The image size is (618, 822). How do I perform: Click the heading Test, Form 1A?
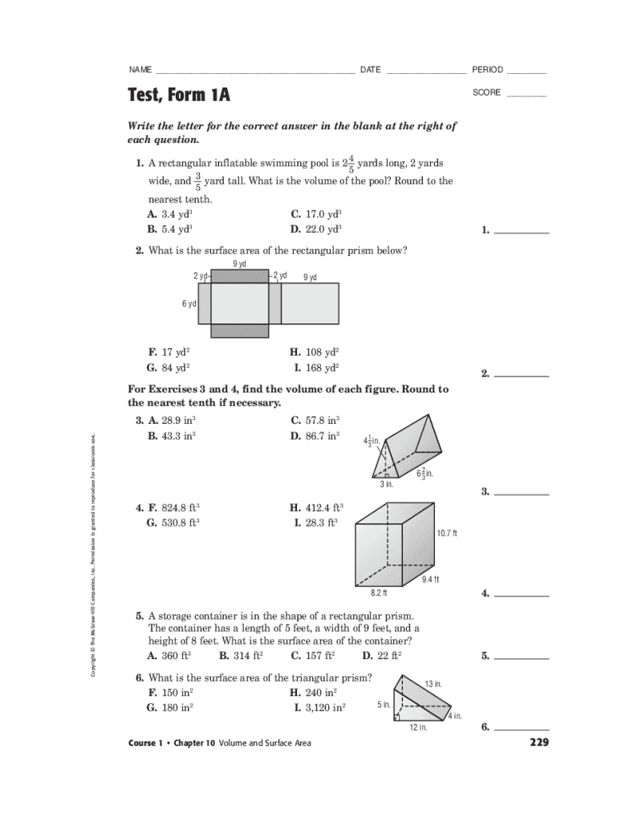point(179,96)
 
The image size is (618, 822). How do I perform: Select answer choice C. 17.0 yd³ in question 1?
point(316,214)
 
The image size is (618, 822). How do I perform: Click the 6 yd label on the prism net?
point(189,303)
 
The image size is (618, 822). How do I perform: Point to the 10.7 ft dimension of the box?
point(447,534)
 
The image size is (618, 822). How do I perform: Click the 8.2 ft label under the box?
point(379,593)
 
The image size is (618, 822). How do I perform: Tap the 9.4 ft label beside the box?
point(431,580)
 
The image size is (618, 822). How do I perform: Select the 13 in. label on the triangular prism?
point(433,684)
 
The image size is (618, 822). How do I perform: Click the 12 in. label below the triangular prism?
point(418,727)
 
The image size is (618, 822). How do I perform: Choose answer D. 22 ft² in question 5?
point(382,655)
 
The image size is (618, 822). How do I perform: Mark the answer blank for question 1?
point(522,231)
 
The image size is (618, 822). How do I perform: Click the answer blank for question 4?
point(522,595)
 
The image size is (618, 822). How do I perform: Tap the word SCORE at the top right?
point(486,93)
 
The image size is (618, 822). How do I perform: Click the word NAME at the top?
point(140,70)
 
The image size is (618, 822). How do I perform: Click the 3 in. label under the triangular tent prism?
point(387,484)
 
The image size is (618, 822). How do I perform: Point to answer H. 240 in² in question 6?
point(314,692)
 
